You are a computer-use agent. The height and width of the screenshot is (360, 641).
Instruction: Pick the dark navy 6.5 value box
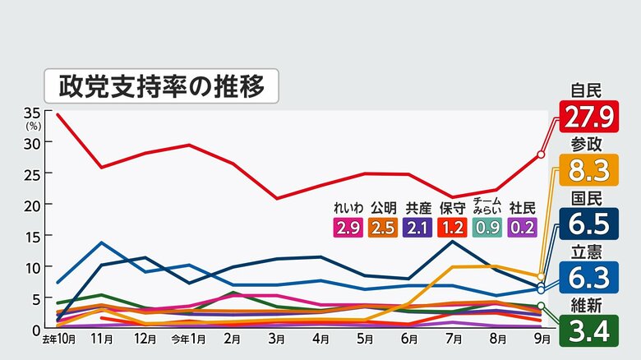pos(588,224)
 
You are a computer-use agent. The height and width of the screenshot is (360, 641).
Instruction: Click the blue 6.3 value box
pos(588,277)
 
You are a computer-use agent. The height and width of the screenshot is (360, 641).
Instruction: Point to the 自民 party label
pos(588,91)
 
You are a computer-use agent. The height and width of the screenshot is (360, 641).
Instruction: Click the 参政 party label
pos(588,144)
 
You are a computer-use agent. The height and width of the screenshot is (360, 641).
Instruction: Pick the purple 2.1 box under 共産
pos(418,228)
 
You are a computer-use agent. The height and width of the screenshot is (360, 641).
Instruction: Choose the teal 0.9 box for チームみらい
pos(487,228)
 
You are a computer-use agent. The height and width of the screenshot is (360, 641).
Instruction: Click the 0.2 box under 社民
pos(523,228)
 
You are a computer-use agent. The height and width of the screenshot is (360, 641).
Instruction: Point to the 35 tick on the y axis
pos(33,112)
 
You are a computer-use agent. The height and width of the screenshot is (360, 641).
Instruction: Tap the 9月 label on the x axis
pos(539,339)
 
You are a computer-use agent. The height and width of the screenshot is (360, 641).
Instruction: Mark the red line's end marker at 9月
pos(541,154)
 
